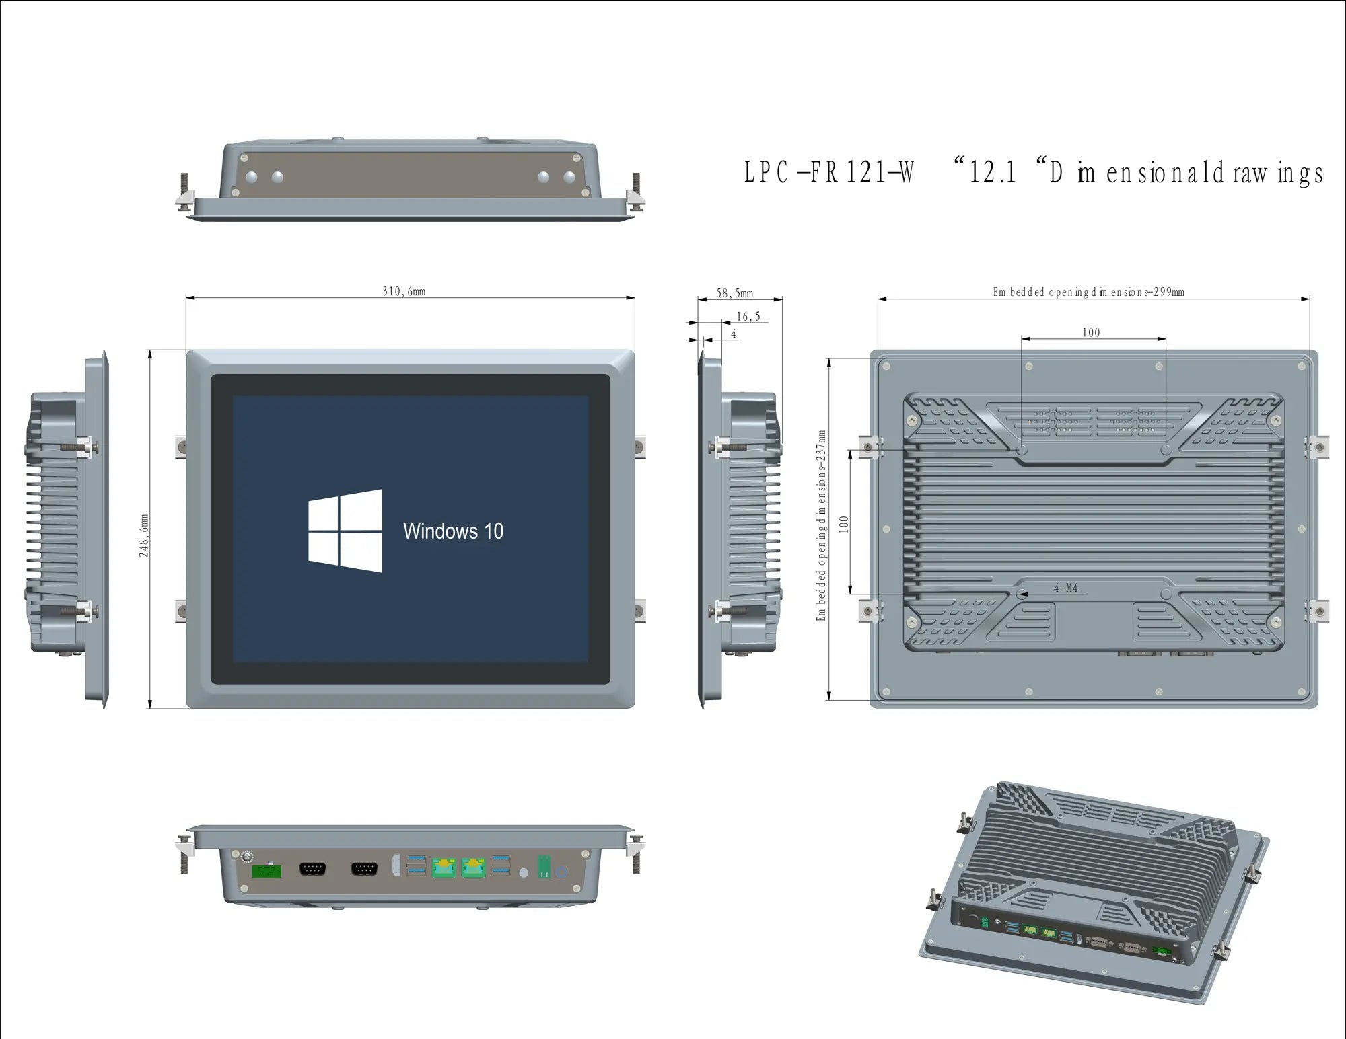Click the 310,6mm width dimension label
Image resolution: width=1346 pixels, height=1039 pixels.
coord(404,291)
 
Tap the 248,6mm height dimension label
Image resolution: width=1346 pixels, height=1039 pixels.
coord(144,535)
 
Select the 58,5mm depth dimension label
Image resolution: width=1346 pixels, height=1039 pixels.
coord(734,293)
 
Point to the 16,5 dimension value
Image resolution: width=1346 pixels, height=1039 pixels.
coord(748,316)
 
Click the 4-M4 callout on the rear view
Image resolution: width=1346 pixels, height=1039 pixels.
coord(1065,588)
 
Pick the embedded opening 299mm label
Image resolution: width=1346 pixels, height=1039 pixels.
coord(1088,292)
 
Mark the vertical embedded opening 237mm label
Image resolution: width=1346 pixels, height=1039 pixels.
coord(821,525)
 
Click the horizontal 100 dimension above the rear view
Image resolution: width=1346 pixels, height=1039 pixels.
coord(1091,332)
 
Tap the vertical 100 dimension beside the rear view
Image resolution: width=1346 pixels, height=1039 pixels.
coord(844,525)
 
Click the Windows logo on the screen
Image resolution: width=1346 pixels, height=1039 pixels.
coord(345,531)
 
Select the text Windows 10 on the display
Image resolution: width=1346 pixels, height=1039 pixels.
coord(453,531)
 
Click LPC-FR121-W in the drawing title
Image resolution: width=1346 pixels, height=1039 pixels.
coord(828,173)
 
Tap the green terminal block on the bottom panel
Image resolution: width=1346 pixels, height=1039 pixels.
coord(267,870)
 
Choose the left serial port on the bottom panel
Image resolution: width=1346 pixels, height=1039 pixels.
coord(312,869)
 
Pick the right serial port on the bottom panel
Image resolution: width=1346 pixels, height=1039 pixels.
coord(364,869)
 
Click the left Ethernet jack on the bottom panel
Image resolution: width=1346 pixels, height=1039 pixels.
coord(444,868)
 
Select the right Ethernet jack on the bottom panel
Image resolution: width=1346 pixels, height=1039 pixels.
coord(473,868)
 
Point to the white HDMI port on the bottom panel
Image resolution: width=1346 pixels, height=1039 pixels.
coord(396,865)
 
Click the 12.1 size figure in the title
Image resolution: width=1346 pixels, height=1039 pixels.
coord(992,173)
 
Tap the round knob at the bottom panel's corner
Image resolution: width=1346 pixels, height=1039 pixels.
coord(247,857)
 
